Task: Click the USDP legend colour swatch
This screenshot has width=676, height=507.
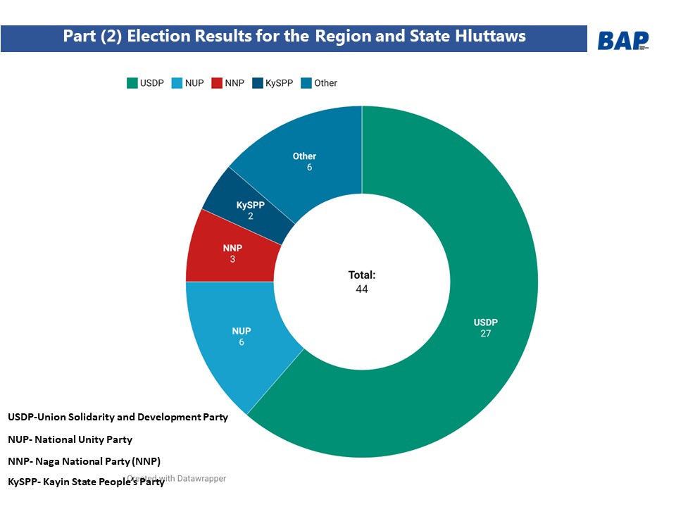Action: [132, 83]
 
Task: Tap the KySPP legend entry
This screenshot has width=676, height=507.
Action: [274, 83]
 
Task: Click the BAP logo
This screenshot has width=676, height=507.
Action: [622, 41]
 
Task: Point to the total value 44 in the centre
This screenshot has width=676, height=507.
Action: [362, 289]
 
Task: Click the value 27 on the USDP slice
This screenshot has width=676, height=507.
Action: [485, 333]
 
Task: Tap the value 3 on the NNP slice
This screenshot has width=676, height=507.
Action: [232, 259]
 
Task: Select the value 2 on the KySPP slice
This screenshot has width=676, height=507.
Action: [250, 215]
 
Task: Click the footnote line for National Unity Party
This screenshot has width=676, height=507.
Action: [70, 439]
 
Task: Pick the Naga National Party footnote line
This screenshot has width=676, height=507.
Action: [84, 461]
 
